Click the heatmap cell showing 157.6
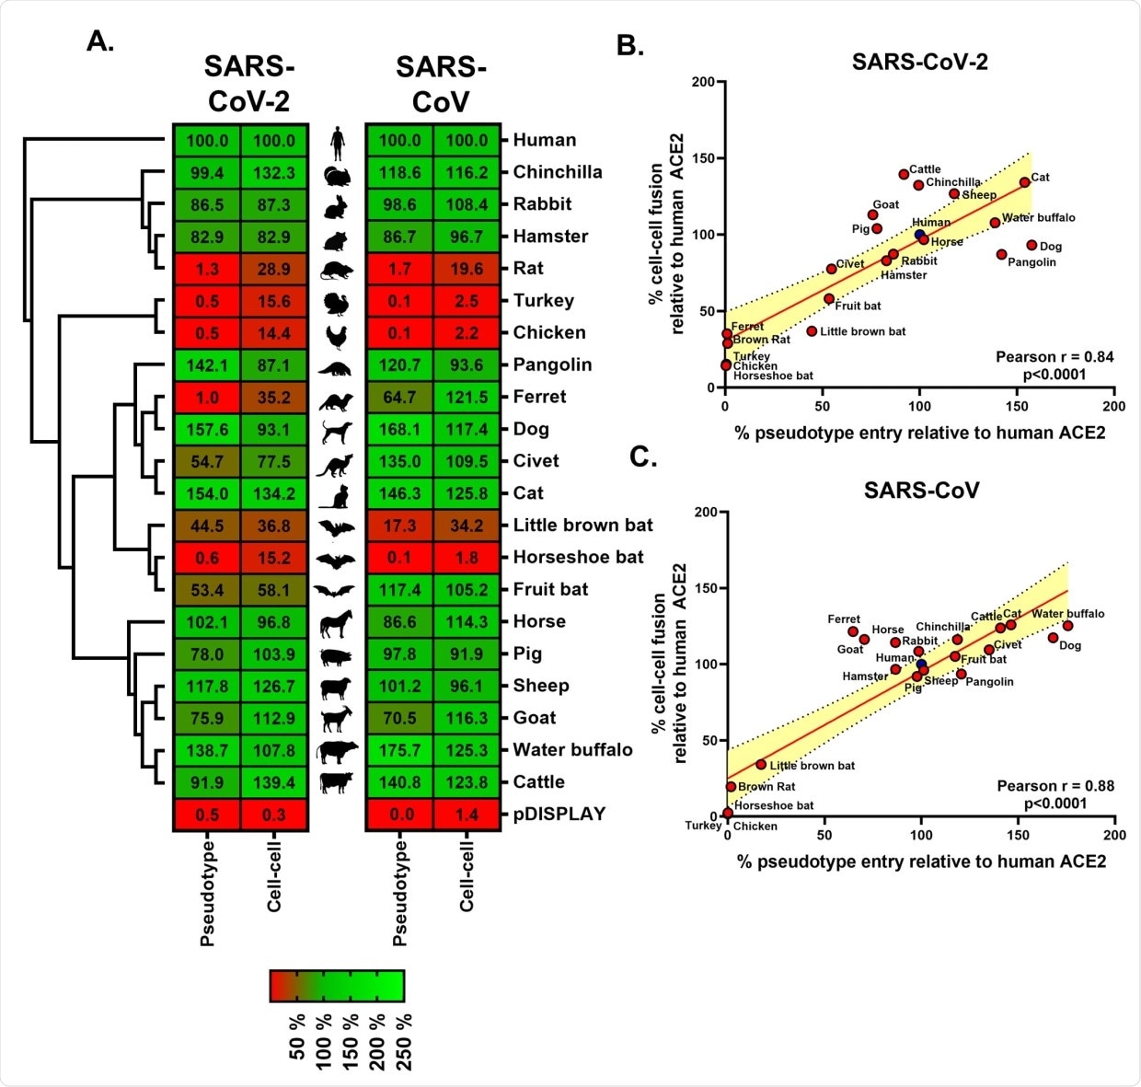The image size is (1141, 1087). click(x=207, y=430)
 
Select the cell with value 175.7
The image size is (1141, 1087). click(x=399, y=751)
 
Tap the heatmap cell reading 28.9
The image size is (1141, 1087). click(x=274, y=269)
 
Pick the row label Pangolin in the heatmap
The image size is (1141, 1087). click(x=552, y=365)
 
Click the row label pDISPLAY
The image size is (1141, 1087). click(x=559, y=815)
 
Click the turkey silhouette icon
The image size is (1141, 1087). click(x=337, y=302)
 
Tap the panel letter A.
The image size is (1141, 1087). click(x=100, y=41)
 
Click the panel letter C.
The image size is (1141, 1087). click(x=642, y=457)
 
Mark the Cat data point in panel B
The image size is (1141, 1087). click(x=1024, y=182)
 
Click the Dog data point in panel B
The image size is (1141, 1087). click(x=1032, y=246)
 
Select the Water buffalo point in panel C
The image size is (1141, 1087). click(x=1067, y=626)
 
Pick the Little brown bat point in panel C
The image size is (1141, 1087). click(x=761, y=764)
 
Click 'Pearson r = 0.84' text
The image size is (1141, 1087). click(x=1055, y=357)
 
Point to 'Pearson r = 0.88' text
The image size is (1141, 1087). click(x=1055, y=786)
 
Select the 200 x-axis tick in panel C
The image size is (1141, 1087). click(x=1114, y=835)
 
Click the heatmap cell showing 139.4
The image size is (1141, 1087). click(x=274, y=783)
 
